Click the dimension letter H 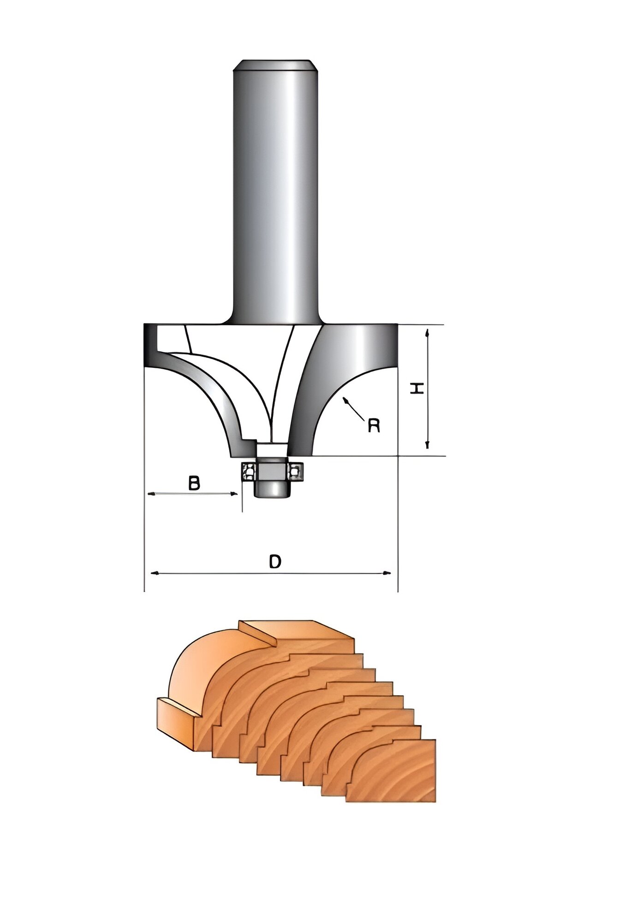tap(417, 389)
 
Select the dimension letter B tap(195, 483)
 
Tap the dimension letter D tap(275, 562)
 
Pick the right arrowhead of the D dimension tap(387, 573)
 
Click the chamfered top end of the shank tap(275, 65)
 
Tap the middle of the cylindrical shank tap(275, 194)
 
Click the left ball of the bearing tap(249, 471)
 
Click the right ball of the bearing tap(295, 471)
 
